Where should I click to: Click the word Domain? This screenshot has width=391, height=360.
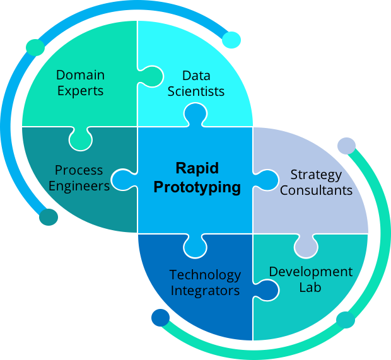point(80,75)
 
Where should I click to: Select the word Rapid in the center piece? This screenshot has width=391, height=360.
point(197,169)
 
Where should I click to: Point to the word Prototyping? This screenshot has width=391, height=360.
point(197,187)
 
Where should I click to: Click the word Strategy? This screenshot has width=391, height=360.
point(316,174)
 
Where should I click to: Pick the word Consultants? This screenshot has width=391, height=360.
point(316,190)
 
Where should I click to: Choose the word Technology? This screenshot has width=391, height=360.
point(205,275)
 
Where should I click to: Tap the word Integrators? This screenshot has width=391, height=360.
point(205,291)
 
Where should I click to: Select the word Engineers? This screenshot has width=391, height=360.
point(79,186)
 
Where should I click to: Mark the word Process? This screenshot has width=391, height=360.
point(79,170)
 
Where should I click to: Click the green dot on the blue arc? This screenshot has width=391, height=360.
point(35,47)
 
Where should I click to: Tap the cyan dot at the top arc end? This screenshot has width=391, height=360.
point(231,40)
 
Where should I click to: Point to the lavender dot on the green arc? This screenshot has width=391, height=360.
point(346,146)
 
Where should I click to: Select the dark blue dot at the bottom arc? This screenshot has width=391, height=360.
point(160,317)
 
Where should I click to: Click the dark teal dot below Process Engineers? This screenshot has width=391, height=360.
point(49,217)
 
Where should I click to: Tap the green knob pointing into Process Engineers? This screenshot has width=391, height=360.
point(80,139)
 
